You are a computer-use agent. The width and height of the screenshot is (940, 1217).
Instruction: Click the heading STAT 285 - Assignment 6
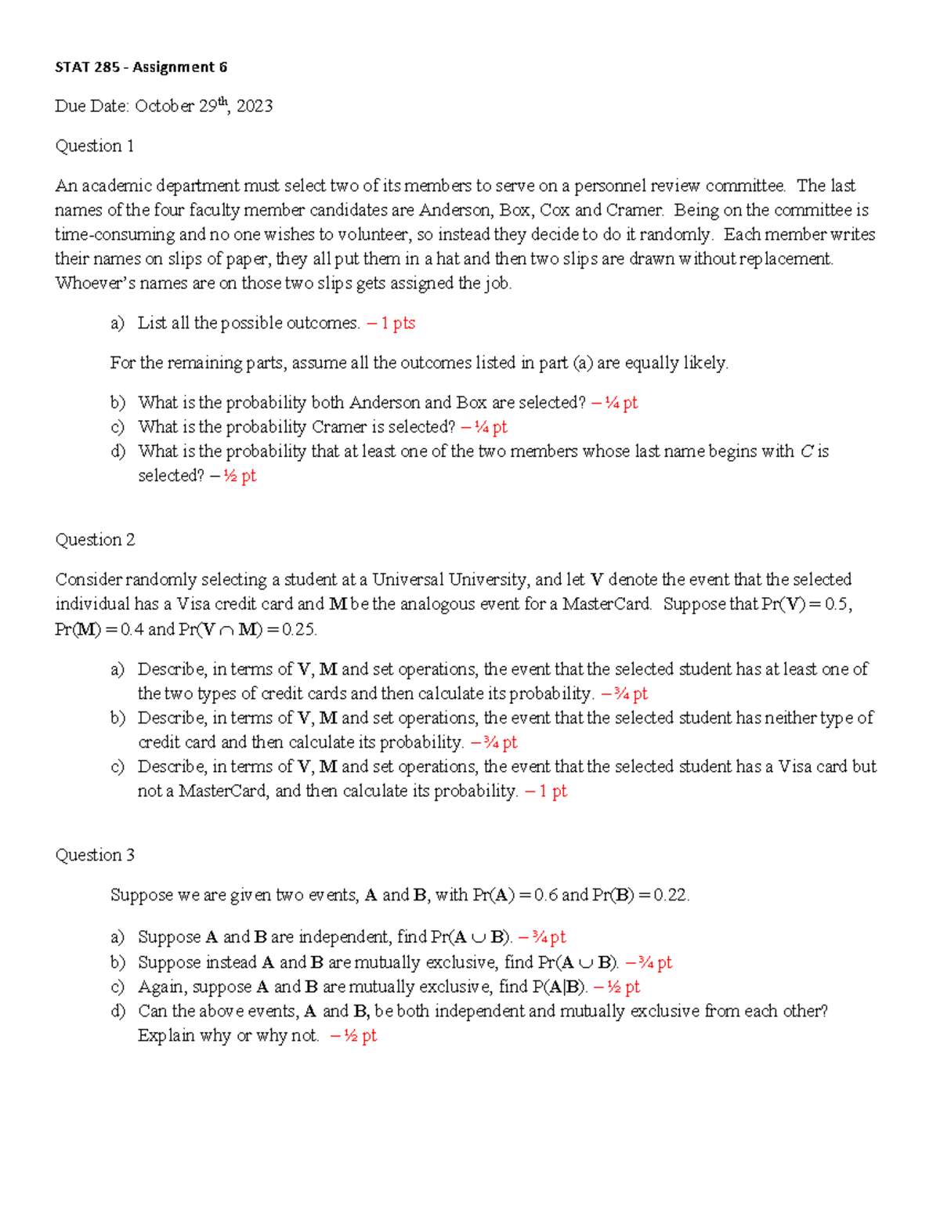pyautogui.click(x=141, y=67)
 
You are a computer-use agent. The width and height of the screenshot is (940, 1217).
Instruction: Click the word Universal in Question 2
pyautogui.click(x=408, y=580)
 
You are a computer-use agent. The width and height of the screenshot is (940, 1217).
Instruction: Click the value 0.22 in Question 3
pyautogui.click(x=671, y=895)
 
